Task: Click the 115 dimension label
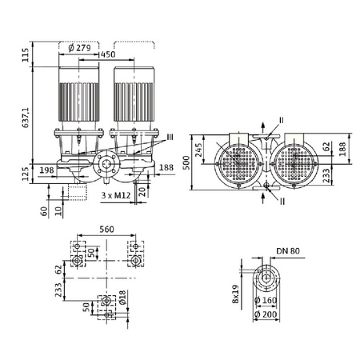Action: tap(26, 54)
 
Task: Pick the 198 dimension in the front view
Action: tap(46, 170)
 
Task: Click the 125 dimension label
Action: tap(26, 173)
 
